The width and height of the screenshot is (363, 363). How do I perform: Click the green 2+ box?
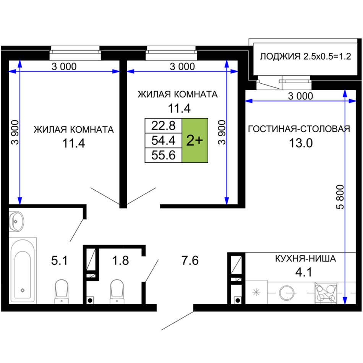tap(195, 141)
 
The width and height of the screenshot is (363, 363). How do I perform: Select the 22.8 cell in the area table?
tap(164, 126)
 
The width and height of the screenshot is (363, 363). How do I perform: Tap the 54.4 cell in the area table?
tap(164, 141)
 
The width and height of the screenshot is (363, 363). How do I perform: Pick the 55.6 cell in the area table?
tap(164, 155)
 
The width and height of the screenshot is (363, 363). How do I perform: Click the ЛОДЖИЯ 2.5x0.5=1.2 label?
tap(305, 56)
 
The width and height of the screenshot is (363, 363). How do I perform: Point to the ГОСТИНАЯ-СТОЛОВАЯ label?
tap(299, 129)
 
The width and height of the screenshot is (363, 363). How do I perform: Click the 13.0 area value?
tap(301, 143)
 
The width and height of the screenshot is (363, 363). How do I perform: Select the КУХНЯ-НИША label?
tap(305, 258)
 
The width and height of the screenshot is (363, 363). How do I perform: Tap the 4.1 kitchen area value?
tap(303, 272)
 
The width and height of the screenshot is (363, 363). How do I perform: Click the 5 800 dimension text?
tap(340, 197)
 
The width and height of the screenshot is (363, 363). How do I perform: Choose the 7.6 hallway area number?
tap(190, 261)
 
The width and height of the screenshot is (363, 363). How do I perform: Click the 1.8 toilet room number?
tap(120, 261)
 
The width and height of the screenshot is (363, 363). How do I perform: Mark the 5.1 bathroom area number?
tap(60, 261)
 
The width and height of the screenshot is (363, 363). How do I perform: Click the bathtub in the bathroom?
tap(23, 271)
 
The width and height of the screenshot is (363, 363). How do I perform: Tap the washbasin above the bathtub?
tap(16, 222)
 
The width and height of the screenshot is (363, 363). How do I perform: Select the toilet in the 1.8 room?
tap(117, 292)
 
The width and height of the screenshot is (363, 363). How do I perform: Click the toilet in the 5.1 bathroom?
tap(62, 292)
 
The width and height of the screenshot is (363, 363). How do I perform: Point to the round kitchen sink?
tap(287, 293)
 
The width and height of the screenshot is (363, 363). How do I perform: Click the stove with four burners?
tap(326, 293)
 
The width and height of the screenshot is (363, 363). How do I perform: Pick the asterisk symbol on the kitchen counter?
tap(256, 292)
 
